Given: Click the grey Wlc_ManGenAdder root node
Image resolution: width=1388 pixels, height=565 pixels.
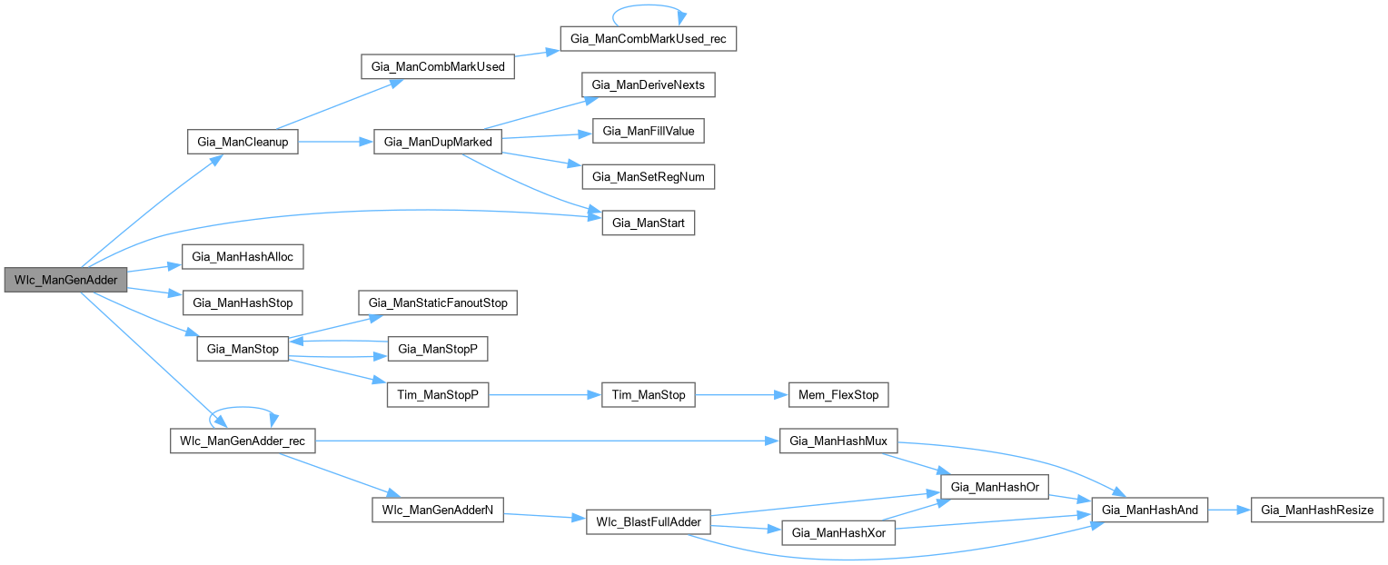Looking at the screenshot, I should click(66, 280).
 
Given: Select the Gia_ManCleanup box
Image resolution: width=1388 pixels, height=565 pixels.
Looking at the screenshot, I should click(242, 143).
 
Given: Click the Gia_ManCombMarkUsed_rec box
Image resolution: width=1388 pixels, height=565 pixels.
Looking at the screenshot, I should click(648, 39).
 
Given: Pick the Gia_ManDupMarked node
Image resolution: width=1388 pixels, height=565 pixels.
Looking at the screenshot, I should click(438, 143).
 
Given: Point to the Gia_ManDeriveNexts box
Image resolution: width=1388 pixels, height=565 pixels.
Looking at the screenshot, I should click(649, 84).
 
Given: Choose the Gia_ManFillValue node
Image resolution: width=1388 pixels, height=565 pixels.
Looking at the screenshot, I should click(649, 131).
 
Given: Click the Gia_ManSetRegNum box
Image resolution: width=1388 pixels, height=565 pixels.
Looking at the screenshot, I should click(649, 176).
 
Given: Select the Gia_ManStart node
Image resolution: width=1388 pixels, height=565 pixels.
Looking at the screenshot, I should click(649, 223).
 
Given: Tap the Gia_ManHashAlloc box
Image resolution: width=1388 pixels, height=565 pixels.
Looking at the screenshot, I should click(242, 257).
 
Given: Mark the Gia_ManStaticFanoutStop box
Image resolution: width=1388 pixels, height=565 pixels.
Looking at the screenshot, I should click(438, 302).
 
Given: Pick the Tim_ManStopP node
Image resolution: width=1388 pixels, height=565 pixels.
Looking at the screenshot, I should click(438, 395).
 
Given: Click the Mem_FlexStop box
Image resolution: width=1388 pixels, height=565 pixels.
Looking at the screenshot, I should click(830, 395).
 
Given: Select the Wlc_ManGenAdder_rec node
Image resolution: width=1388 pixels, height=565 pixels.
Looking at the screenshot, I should click(242, 441).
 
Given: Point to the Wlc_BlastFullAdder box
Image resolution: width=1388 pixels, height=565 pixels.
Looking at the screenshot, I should click(649, 522).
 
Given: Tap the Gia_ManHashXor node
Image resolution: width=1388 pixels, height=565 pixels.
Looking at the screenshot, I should click(838, 532).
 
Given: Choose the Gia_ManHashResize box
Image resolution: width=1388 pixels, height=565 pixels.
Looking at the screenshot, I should click(1316, 510).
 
